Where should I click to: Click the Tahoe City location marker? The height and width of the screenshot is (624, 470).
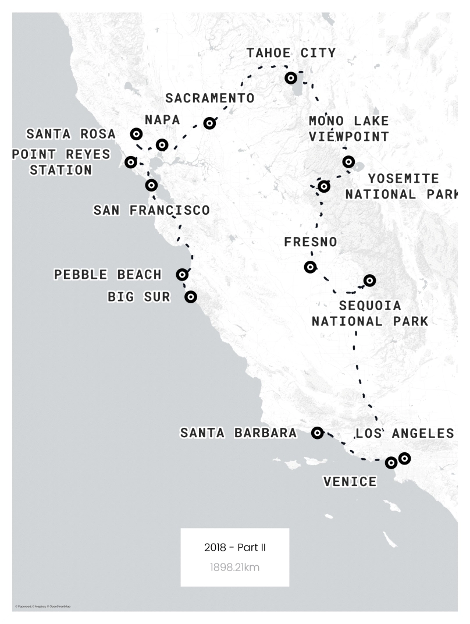(291, 78)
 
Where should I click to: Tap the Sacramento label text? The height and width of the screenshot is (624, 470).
(209, 98)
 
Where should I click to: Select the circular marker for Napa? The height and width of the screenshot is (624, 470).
(162, 144)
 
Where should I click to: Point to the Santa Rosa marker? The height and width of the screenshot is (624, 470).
(136, 134)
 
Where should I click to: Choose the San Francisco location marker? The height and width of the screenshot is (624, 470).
(151, 185)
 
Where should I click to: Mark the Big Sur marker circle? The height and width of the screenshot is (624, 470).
(190, 297)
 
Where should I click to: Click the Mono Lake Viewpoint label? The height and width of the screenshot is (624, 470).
(348, 129)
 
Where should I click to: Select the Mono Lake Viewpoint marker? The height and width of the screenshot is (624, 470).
(348, 161)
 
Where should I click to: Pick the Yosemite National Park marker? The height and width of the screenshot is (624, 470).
(324, 186)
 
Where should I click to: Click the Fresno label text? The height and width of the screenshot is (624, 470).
(311, 242)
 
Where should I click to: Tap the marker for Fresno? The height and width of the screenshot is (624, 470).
(311, 267)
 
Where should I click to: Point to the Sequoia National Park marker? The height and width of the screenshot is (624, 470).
(369, 281)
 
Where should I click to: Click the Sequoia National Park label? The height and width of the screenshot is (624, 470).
(370, 313)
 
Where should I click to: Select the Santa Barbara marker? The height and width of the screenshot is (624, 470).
(317, 432)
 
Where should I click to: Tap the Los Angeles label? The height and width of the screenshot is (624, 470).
(404, 434)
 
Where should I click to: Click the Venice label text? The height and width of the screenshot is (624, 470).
(350, 481)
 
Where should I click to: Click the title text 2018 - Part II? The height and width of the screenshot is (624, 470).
(235, 547)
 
